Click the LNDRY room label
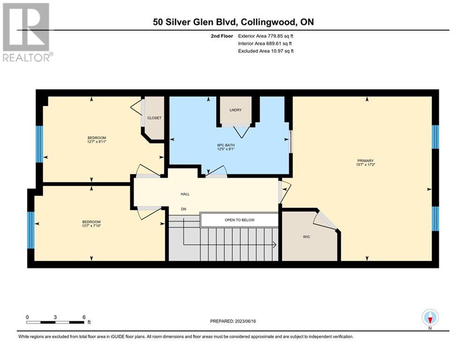coord(236,110)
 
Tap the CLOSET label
coord(154,118)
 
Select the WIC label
coord(306,237)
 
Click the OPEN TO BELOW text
coord(239,220)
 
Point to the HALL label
coord(185,194)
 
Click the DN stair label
coord(184,209)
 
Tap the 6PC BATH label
coord(226,145)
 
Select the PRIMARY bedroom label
coord(366,161)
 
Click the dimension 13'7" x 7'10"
coord(91,226)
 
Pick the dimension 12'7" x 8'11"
coord(96,142)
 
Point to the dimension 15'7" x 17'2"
coord(366,165)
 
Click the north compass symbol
coord(430,317)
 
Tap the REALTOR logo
coord(27,32)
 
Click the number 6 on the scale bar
coord(84,317)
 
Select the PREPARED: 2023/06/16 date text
coord(233,321)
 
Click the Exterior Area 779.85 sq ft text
coord(266,36)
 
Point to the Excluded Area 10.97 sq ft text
coord(266,51)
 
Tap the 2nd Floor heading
coord(222,36)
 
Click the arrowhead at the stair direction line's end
coord(275,245)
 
